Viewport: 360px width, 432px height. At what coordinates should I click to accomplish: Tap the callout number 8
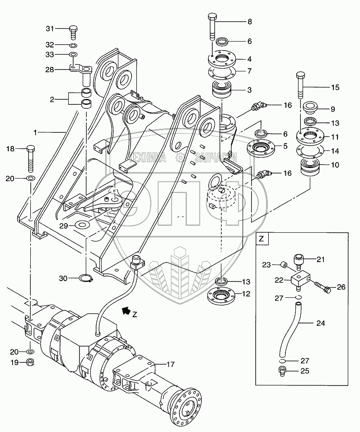250,22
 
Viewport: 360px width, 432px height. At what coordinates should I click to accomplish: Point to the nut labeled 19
29,362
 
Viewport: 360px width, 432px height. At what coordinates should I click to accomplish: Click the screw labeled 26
322,287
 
